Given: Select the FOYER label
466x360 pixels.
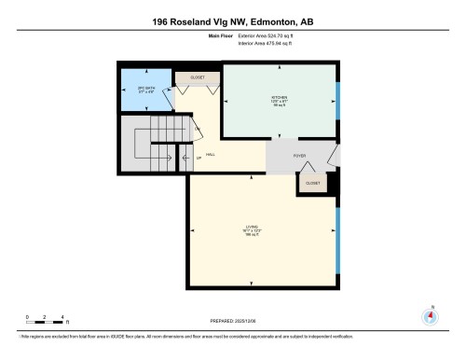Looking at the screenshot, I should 300,156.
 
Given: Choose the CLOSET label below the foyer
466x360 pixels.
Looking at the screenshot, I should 312,184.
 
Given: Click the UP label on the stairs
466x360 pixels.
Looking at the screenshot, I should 197,158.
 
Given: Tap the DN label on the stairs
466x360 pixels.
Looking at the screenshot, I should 197,129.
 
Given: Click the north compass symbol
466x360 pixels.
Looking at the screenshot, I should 430,313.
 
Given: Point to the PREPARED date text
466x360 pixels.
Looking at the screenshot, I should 232,322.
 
